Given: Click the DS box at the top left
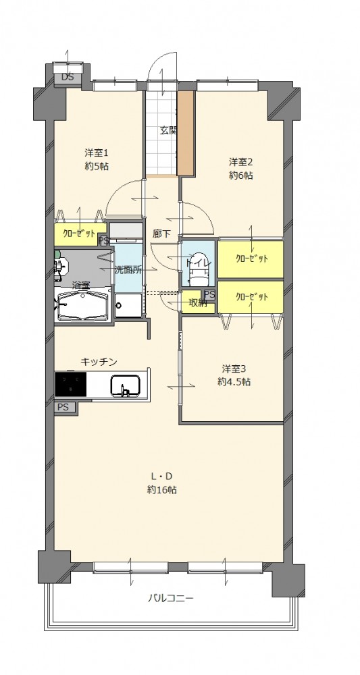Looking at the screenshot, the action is coord(68,78).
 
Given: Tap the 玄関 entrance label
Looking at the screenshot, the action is coord(169,131).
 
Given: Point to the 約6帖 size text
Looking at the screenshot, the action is coord(240,175).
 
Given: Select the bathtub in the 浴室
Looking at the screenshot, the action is coord(82,306).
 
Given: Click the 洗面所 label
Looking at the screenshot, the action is coord(128,271).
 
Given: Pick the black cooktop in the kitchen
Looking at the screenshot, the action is coord(71,384).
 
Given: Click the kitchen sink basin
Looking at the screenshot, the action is coord(126,385).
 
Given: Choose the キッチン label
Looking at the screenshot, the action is coord(99,362).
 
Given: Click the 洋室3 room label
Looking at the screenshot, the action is coord(234,369).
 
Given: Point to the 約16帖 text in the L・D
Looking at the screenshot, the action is coord(161,490).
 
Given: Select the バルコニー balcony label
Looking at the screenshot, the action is coord(171,598).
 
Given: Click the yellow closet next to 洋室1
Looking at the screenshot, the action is coord(80,234).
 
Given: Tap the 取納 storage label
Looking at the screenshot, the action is coord(198,303).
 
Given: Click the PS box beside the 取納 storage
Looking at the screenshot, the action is coord(210,295).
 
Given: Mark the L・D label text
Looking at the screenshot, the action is coord(161,476).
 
